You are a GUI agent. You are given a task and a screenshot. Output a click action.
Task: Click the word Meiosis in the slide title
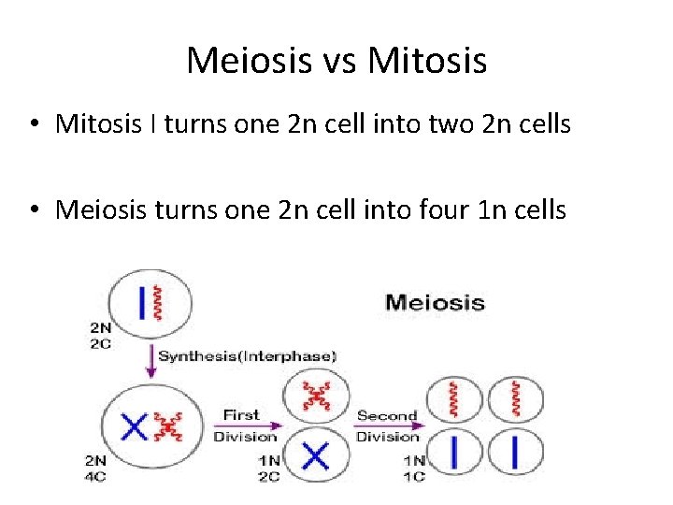point(247,62)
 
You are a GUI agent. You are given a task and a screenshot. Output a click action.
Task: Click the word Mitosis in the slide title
point(428,62)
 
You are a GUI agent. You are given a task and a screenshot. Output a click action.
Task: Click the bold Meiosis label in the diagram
point(435,302)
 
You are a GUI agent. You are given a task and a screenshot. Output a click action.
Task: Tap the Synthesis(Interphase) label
point(247,355)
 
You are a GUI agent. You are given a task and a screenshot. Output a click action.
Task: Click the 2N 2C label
point(100,335)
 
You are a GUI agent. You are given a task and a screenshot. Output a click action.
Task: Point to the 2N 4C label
point(96,468)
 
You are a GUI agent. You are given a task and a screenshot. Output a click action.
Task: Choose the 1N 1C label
point(413,468)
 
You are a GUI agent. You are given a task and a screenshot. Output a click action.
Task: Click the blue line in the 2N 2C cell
point(142,301)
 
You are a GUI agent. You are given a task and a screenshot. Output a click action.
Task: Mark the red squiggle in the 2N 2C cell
point(159,301)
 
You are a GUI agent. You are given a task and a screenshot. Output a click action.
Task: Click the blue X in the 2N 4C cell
point(135,427)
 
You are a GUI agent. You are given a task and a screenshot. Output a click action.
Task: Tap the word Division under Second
point(387,437)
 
